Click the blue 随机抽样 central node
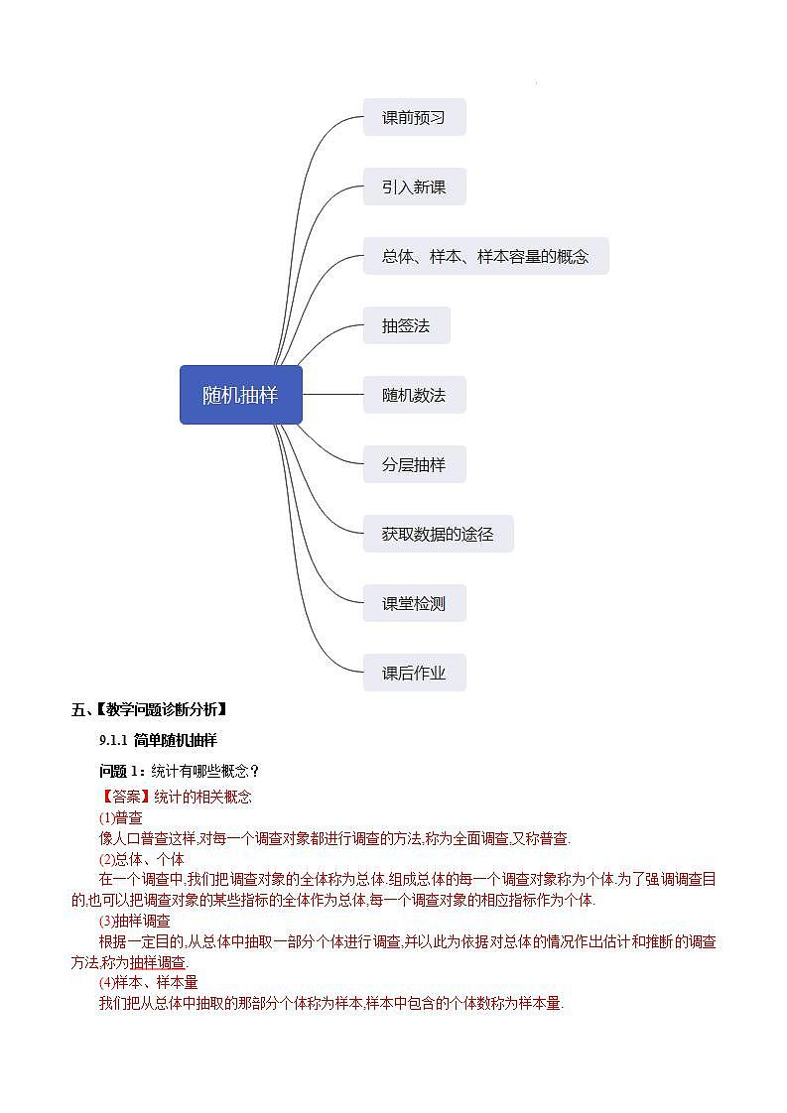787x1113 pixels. pyautogui.click(x=240, y=395)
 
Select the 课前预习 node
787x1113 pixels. pyautogui.click(x=414, y=117)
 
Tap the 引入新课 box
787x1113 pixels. pyautogui.click(x=414, y=186)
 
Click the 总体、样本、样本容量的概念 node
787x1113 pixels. pyautogui.click(x=485, y=256)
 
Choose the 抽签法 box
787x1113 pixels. pyautogui.click(x=406, y=325)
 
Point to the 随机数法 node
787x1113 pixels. pyautogui.click(x=414, y=395)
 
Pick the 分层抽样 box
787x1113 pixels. pyautogui.click(x=414, y=464)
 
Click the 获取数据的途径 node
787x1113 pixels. pyautogui.click(x=438, y=534)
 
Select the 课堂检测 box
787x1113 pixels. pyautogui.click(x=414, y=603)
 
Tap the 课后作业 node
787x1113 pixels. pyautogui.click(x=414, y=673)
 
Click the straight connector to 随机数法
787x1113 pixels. pyautogui.click(x=332, y=395)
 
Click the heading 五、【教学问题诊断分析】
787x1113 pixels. pyautogui.click(x=150, y=709)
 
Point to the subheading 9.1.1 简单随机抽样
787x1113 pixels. pyautogui.click(x=158, y=740)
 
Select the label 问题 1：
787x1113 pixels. pyautogui.click(x=123, y=771)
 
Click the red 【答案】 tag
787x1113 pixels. pyautogui.click(x=125, y=797)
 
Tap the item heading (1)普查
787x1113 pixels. pyautogui.click(x=120, y=817)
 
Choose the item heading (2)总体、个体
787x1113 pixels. pyautogui.click(x=141, y=859)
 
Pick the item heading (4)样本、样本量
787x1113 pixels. pyautogui.click(x=148, y=982)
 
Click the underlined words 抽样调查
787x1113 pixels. pyautogui.click(x=157, y=962)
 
